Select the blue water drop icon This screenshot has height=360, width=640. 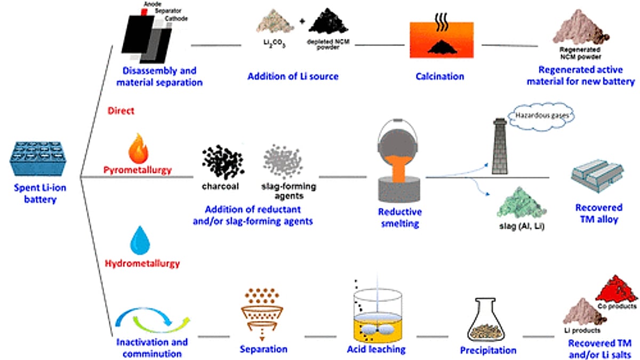[x=140, y=241]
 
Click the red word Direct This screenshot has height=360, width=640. [x=120, y=111]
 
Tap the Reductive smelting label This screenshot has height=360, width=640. [x=403, y=217]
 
